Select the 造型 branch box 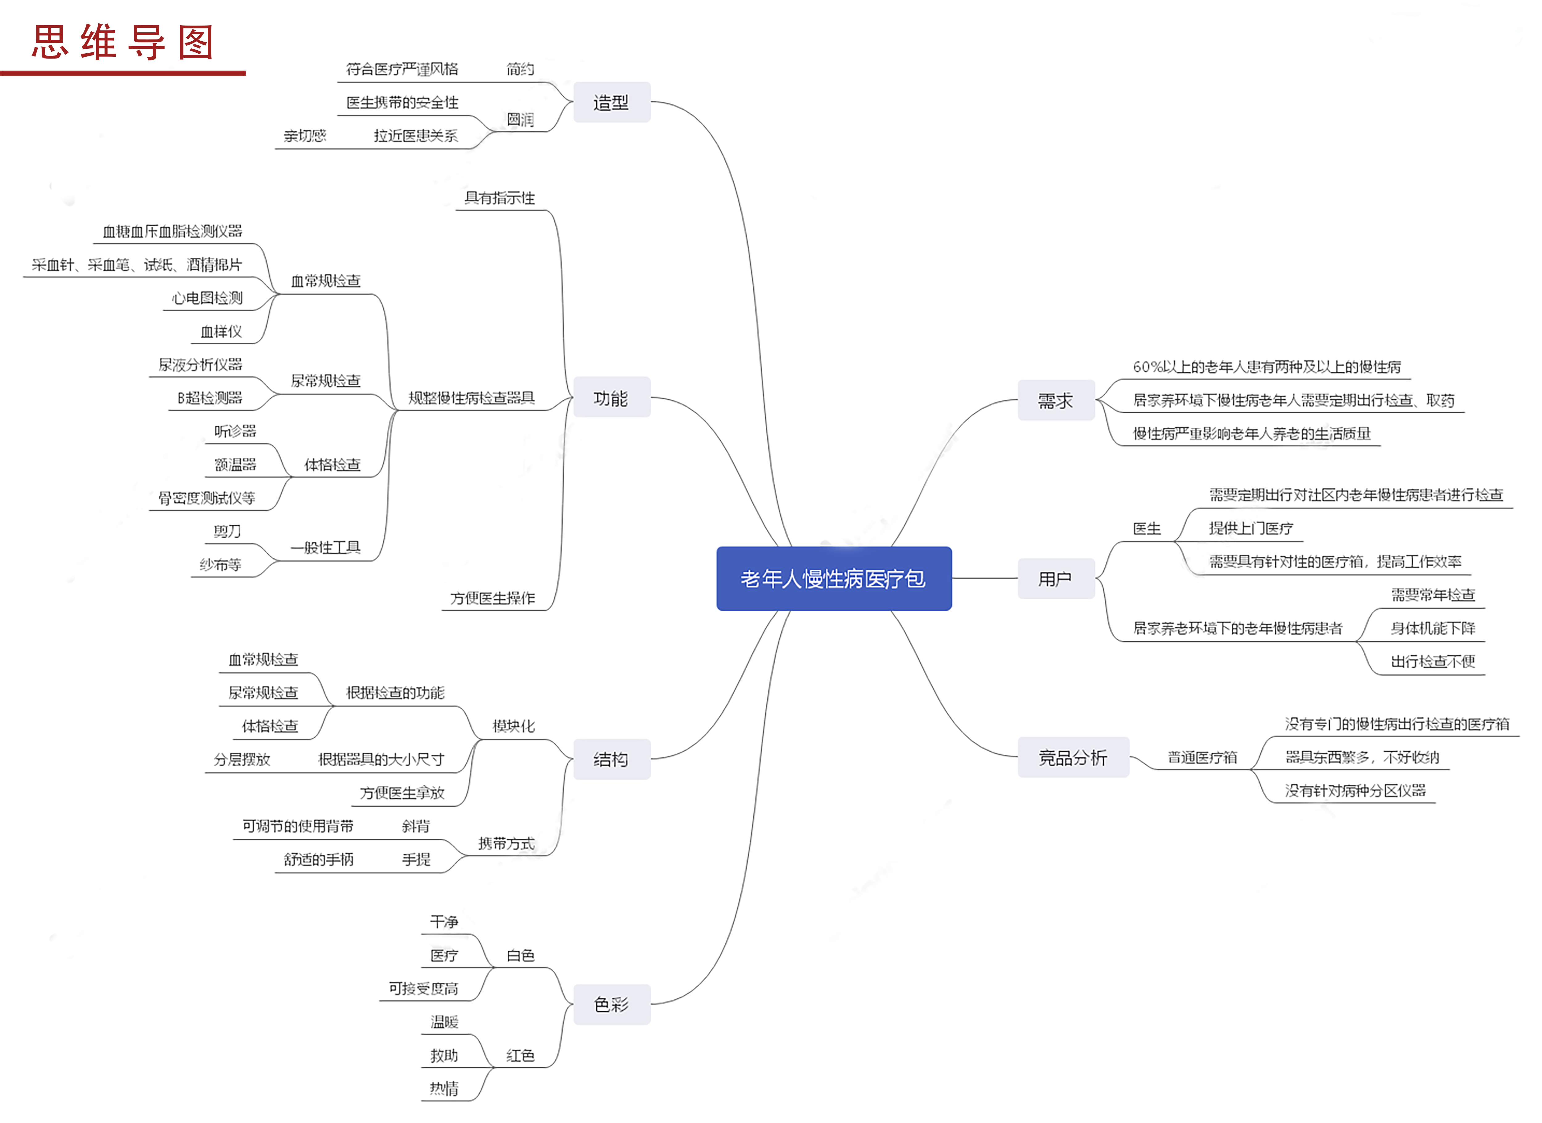click(x=611, y=103)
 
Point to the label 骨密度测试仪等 click(x=207, y=498)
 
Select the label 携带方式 click(x=506, y=844)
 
